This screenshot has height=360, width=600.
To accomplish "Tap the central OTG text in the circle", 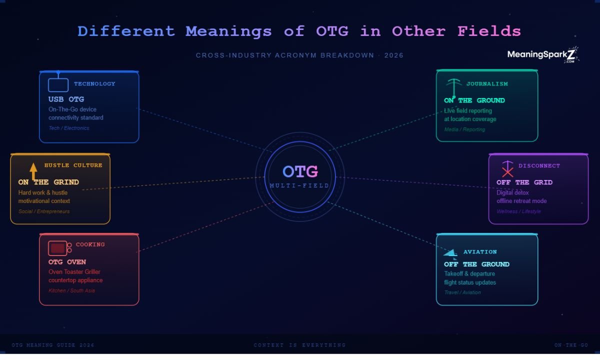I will [x=300, y=171].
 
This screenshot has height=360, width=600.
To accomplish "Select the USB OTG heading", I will [x=66, y=99].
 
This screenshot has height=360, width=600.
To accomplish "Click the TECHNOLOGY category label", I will [x=94, y=84].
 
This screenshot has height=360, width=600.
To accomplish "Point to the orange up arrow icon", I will [x=33, y=170].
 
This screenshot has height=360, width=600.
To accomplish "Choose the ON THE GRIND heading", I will [x=48, y=182].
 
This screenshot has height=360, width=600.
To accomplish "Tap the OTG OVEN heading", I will [x=67, y=262].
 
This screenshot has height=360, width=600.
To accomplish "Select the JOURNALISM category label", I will [x=487, y=84].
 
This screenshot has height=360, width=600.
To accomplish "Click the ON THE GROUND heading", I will [x=474, y=100].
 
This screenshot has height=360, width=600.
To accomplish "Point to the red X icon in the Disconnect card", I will [x=507, y=171].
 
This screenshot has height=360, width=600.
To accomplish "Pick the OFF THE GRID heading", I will [x=524, y=182].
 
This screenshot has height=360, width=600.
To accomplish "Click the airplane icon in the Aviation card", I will [x=450, y=252].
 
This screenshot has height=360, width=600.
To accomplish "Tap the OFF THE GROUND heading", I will [x=476, y=264].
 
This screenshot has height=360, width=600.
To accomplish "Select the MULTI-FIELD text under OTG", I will [x=299, y=186].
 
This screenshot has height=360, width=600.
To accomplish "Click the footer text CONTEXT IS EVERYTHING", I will [x=299, y=345].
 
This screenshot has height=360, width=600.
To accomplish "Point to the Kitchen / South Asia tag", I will [x=71, y=291].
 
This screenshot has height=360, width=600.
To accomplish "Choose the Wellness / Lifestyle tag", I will [x=518, y=211].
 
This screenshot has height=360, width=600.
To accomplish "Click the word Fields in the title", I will [x=489, y=31].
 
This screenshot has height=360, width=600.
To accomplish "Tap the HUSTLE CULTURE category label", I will [x=73, y=165].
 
